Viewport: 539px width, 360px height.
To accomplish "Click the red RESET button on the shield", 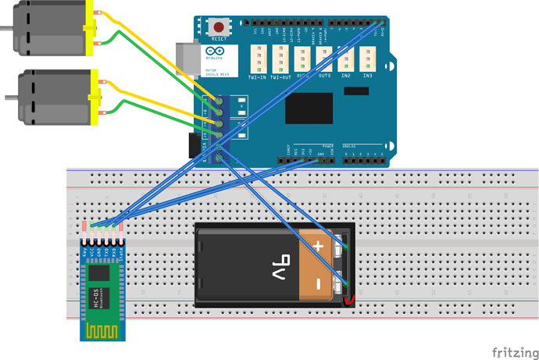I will (218, 27).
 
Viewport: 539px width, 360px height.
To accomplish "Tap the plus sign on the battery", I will (318, 245).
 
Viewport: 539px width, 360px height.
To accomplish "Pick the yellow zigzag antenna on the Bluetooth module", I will (102, 331).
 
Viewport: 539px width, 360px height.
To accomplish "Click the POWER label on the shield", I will (327, 146).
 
